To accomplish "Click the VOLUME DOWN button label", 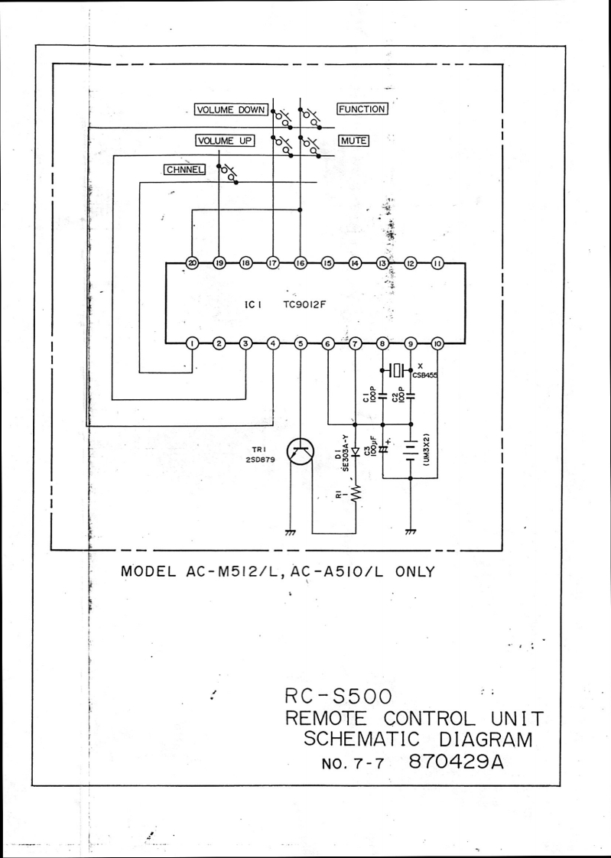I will tap(230, 109).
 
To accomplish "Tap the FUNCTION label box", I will tap(362, 109).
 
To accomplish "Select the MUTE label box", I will tap(353, 141).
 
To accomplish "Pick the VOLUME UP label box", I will tap(225, 141).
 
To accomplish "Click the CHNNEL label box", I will tap(184, 170).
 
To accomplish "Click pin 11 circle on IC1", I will tap(437, 263).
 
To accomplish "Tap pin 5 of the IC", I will tap(301, 343).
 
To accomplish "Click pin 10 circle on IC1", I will tap(437, 343).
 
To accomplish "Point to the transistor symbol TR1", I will tap(300, 453).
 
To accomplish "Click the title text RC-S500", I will tap(337, 696).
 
